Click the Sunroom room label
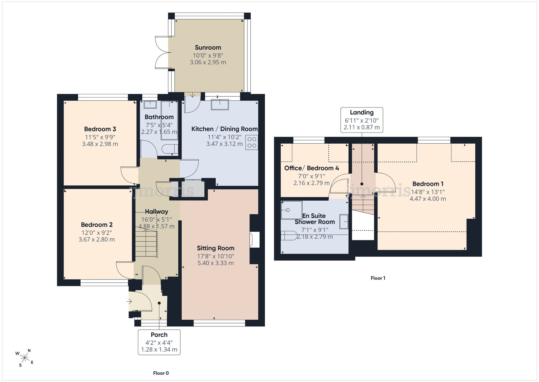click(x=208, y=48)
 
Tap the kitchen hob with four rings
click(x=252, y=143)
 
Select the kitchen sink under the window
click(x=220, y=105)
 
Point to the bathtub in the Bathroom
click(x=169, y=120)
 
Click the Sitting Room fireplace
click(x=255, y=240)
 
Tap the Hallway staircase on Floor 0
click(x=146, y=242)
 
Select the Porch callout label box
click(x=159, y=342)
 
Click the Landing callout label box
click(x=362, y=120)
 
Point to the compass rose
click(x=25, y=358)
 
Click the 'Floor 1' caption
click(x=378, y=278)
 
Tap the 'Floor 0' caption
click(x=161, y=373)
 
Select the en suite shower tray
click(x=291, y=210)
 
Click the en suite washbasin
click(x=344, y=222)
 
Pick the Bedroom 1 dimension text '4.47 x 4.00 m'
click(x=428, y=199)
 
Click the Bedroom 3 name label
click(x=100, y=129)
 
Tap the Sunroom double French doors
click(x=162, y=52)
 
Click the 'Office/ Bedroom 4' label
click(x=312, y=168)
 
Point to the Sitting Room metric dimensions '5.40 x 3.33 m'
click(x=216, y=263)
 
